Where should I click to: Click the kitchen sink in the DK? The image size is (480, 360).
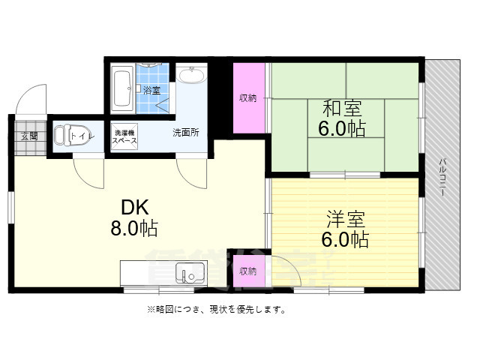pyautogui.click(x=188, y=274)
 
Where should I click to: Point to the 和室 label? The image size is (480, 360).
pyautogui.click(x=340, y=108)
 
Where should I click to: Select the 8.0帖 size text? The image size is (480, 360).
pyautogui.click(x=135, y=229)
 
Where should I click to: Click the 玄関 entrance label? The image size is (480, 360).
pyautogui.click(x=28, y=136)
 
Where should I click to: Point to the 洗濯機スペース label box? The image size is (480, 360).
pyautogui.click(x=124, y=136)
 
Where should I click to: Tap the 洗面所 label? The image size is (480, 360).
pyautogui.click(x=185, y=133)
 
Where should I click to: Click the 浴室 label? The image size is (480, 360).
pyautogui.click(x=152, y=90)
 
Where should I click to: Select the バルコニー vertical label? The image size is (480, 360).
pyautogui.click(x=442, y=177)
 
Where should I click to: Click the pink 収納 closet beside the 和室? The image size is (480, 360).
pyautogui.click(x=248, y=97)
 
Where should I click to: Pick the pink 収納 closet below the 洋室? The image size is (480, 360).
pyautogui.click(x=247, y=271)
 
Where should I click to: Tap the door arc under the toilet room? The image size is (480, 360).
pyautogui.click(x=88, y=175)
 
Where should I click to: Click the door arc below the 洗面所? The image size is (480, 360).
pyautogui.click(x=190, y=175)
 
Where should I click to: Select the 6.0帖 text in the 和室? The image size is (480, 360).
pyautogui.click(x=341, y=128)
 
